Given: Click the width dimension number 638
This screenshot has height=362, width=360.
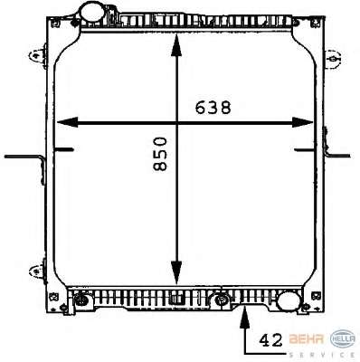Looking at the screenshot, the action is click(213, 108).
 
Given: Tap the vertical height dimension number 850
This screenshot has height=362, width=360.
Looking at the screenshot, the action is click(160, 154).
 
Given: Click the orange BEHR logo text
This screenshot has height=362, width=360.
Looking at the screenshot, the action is click(307, 339).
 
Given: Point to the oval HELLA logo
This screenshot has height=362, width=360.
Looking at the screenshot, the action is click(343, 339).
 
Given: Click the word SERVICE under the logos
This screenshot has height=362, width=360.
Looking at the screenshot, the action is click(321, 355).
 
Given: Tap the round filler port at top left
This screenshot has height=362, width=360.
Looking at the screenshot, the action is click(92, 12).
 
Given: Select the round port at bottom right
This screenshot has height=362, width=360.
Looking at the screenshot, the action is click(289, 300).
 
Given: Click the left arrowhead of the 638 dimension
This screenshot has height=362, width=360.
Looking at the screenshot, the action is click(67, 122).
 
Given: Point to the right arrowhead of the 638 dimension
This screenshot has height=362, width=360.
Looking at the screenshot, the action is click(303, 122).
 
